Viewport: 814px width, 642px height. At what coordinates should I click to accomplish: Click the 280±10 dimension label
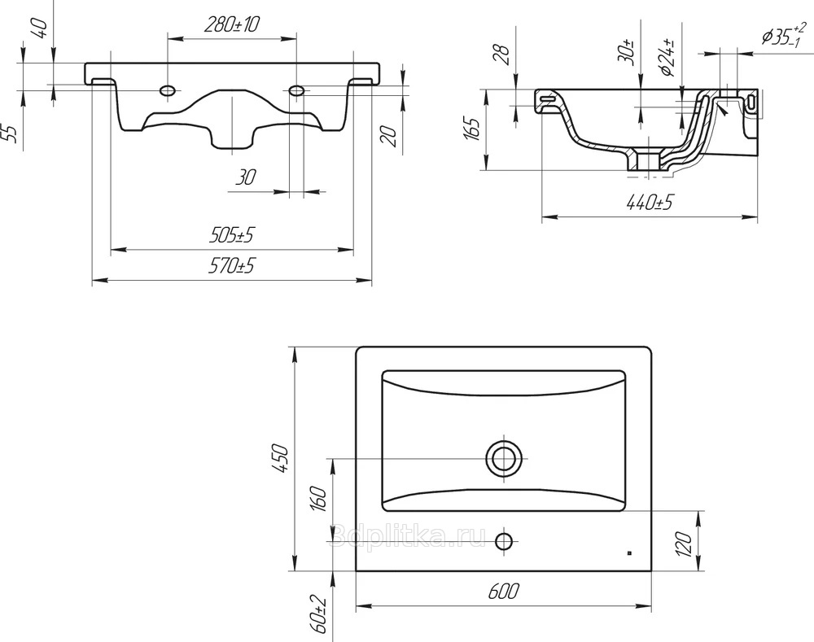point(232,24)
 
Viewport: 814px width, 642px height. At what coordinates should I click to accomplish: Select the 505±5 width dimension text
point(232,235)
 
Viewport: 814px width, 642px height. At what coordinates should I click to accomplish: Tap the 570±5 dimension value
point(232,266)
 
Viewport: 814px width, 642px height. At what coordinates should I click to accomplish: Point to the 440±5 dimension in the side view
point(649,203)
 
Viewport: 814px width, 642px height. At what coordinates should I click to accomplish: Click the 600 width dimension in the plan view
point(503,591)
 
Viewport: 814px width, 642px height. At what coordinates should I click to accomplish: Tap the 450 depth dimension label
point(279,458)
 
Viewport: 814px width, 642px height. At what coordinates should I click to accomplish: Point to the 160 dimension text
point(319,500)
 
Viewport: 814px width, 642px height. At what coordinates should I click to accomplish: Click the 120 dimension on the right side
point(685,544)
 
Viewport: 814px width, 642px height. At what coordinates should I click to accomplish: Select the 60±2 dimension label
point(319,614)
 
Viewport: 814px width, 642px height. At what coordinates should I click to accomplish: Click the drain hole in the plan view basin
point(503,459)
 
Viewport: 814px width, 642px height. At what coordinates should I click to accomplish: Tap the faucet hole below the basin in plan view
point(504,541)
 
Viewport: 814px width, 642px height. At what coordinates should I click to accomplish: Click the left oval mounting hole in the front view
point(168,91)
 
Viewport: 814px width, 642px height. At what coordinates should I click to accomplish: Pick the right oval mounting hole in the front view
point(296,91)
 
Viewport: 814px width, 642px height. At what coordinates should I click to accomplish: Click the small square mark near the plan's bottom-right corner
point(630,552)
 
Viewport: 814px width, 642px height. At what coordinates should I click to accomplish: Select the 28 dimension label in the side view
point(501,54)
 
